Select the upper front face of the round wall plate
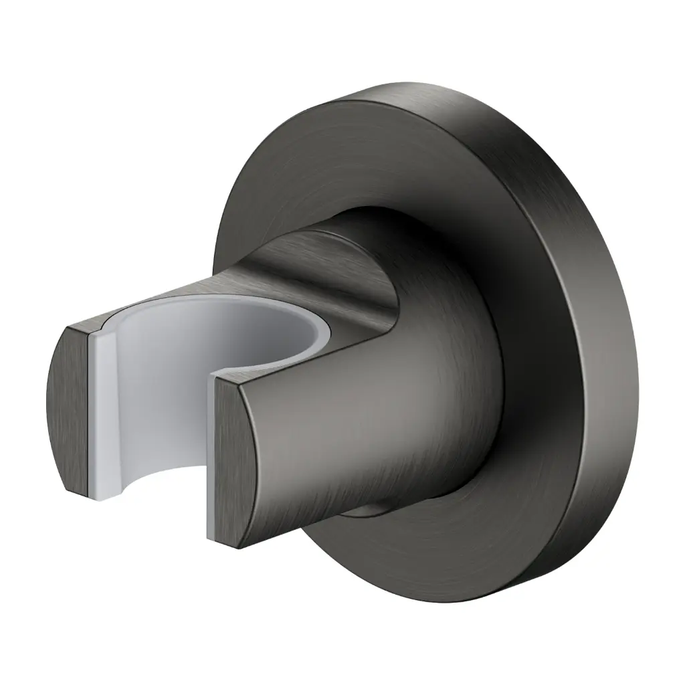pos(321,154)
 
